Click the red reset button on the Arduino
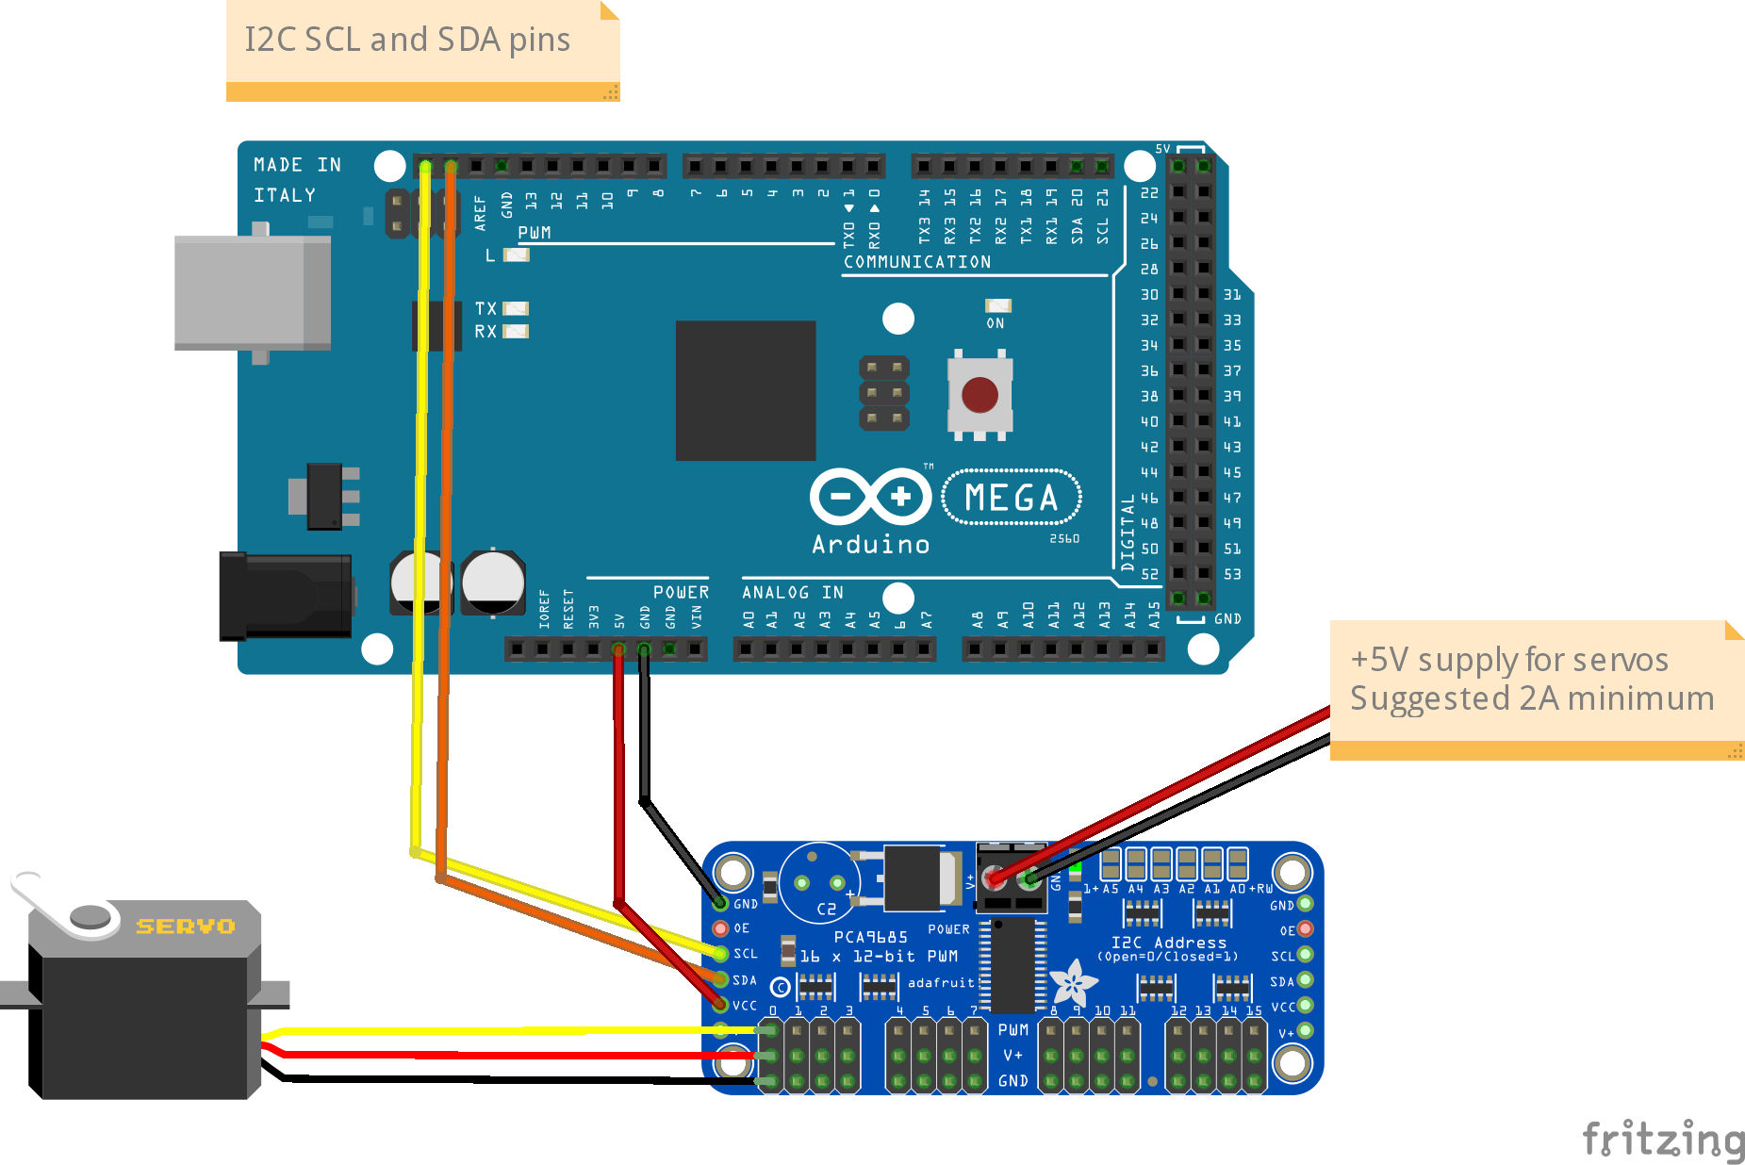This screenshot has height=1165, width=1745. pos(980,395)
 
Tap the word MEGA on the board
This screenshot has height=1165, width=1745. pos(1011,497)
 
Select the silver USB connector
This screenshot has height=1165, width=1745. pos(252,293)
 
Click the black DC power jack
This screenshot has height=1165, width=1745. pos(286,597)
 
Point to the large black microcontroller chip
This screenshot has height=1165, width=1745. pos(745,390)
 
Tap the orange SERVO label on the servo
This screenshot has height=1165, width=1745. pos(186,927)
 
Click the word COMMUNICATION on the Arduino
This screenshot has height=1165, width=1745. pos(916,262)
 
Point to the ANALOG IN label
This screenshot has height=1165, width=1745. pos(792,592)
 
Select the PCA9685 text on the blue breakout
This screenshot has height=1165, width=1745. pos(870,937)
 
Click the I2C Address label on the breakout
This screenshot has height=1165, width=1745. pos(1168,943)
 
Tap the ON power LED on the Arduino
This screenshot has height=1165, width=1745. pos(997,305)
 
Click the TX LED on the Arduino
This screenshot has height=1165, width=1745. pos(516,308)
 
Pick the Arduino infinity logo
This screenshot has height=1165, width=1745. pos(870,496)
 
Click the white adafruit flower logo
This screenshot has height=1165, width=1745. pos(1073,983)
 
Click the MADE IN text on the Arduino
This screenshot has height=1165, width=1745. pos(297,165)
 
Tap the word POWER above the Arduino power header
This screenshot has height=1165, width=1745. pos(681,592)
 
